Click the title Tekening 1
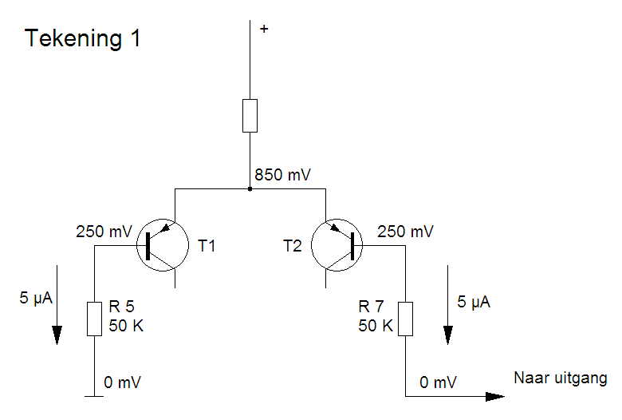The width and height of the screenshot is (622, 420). click(83, 38)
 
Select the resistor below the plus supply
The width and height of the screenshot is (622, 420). click(250, 116)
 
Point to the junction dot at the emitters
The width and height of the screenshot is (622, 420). click(250, 189)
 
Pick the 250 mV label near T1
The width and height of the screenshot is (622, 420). click(104, 232)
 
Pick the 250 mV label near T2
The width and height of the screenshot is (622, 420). click(406, 232)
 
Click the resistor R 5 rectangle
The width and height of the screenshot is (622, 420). click(94, 318)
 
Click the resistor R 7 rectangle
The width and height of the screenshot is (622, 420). click(405, 318)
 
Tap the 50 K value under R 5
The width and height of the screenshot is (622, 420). click(126, 326)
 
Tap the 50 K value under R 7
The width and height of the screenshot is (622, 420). click(376, 326)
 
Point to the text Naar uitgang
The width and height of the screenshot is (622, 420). click(561, 378)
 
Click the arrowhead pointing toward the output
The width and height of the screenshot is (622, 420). click(494, 396)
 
